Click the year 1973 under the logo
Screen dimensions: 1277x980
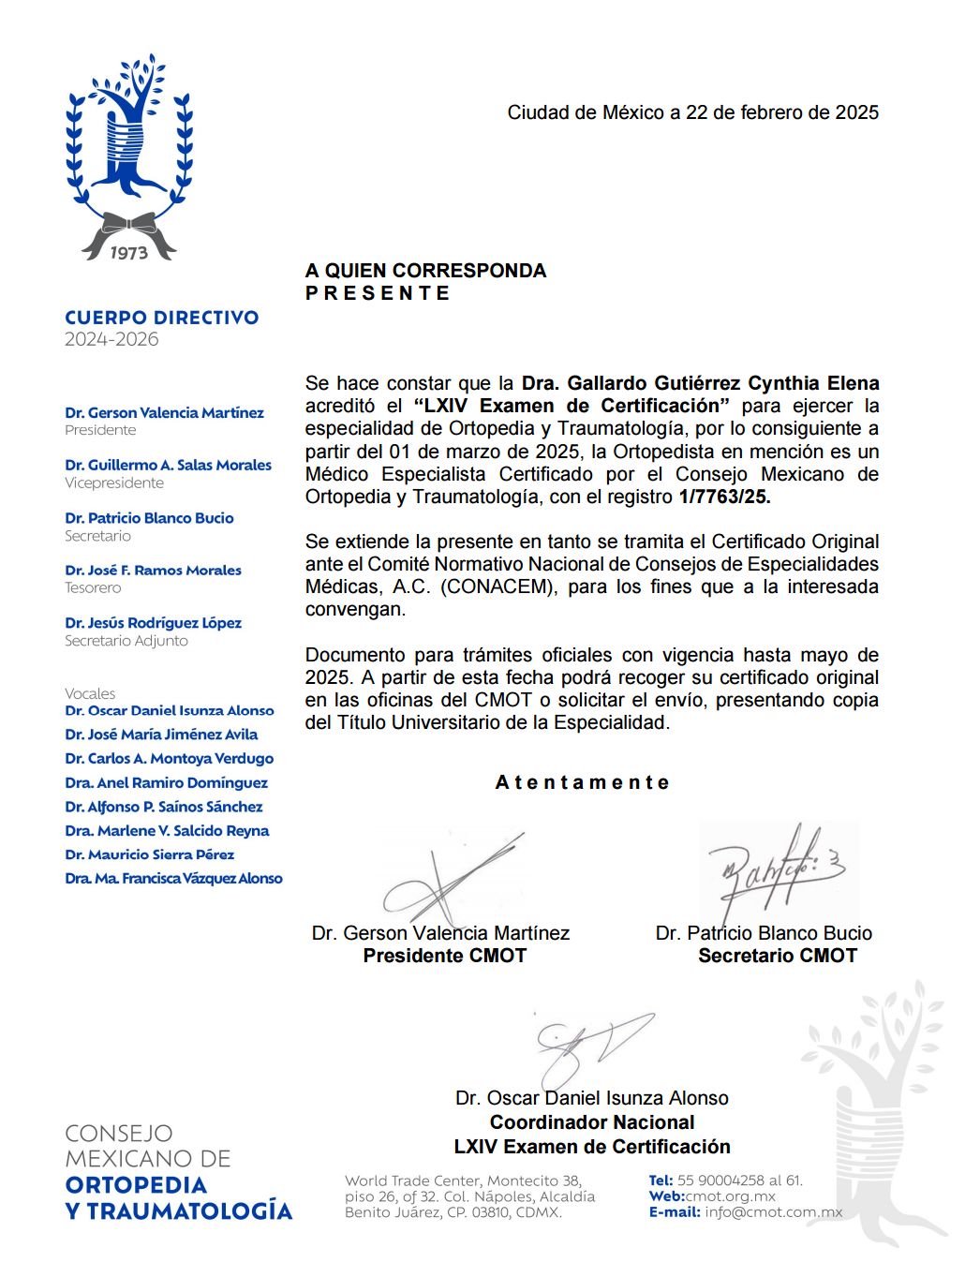128,252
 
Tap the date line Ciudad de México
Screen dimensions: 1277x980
692,112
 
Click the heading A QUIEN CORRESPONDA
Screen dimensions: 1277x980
425,271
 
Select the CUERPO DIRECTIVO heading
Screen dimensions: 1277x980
162,318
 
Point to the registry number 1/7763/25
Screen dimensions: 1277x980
724,497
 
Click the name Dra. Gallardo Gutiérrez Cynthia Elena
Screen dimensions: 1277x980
700,383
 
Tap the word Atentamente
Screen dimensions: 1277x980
582,782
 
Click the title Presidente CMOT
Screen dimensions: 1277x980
444,956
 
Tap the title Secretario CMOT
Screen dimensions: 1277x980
777,956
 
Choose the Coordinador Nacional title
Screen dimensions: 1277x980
592,1122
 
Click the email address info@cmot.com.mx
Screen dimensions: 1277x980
774,1212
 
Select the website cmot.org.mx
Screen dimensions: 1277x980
730,1196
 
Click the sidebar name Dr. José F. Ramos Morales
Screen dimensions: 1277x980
153,570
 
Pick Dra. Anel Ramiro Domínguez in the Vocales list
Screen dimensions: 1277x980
166,782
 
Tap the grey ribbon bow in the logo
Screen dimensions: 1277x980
128,227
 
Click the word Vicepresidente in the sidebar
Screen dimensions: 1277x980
114,483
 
